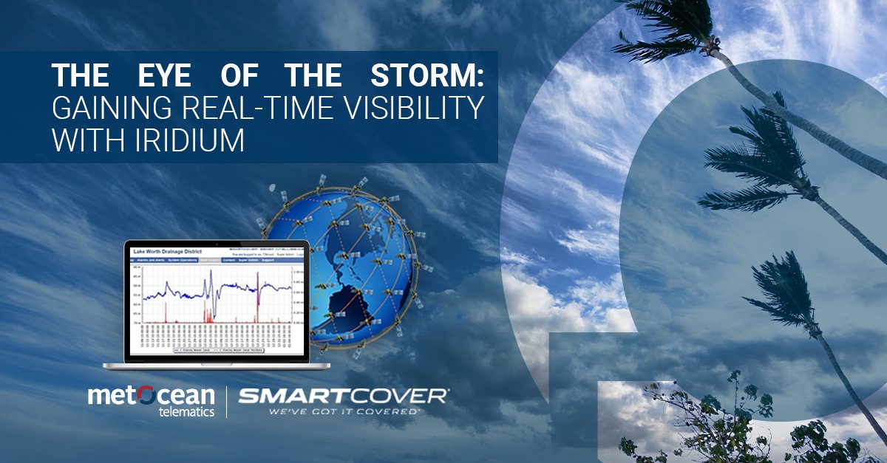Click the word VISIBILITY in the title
[x=420, y=108]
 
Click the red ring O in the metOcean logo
[x=146, y=395]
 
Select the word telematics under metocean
[x=186, y=411]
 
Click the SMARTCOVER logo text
[x=343, y=396]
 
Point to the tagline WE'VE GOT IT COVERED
[x=343, y=411]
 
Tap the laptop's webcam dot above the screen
[x=217, y=244]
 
